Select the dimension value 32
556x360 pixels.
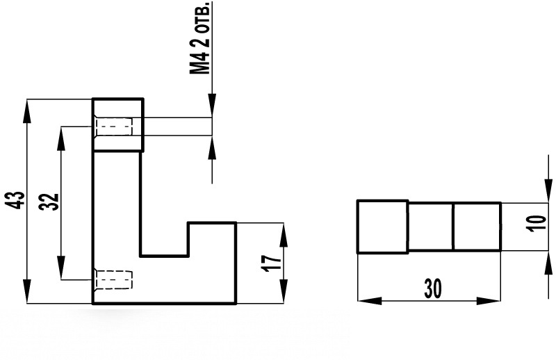click(x=49, y=202)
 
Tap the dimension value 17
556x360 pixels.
click(x=272, y=263)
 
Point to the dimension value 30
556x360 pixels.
click(x=433, y=288)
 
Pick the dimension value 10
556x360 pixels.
click(x=537, y=224)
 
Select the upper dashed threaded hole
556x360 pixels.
click(x=113, y=126)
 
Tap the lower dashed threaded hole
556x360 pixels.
click(x=113, y=280)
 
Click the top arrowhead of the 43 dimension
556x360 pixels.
click(x=27, y=111)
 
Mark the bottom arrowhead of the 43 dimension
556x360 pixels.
click(x=27, y=292)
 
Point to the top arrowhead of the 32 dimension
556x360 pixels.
click(x=61, y=138)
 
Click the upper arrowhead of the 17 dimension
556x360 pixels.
click(x=284, y=234)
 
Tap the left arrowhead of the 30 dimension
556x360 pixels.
click(x=370, y=301)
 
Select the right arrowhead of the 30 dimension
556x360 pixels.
click(x=489, y=301)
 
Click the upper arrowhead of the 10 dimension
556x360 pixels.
click(x=548, y=191)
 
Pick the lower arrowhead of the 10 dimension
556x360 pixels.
click(x=548, y=263)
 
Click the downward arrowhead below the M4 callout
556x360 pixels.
click(x=212, y=106)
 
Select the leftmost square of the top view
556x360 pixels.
click(x=383, y=227)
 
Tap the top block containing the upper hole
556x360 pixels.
click(x=118, y=124)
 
